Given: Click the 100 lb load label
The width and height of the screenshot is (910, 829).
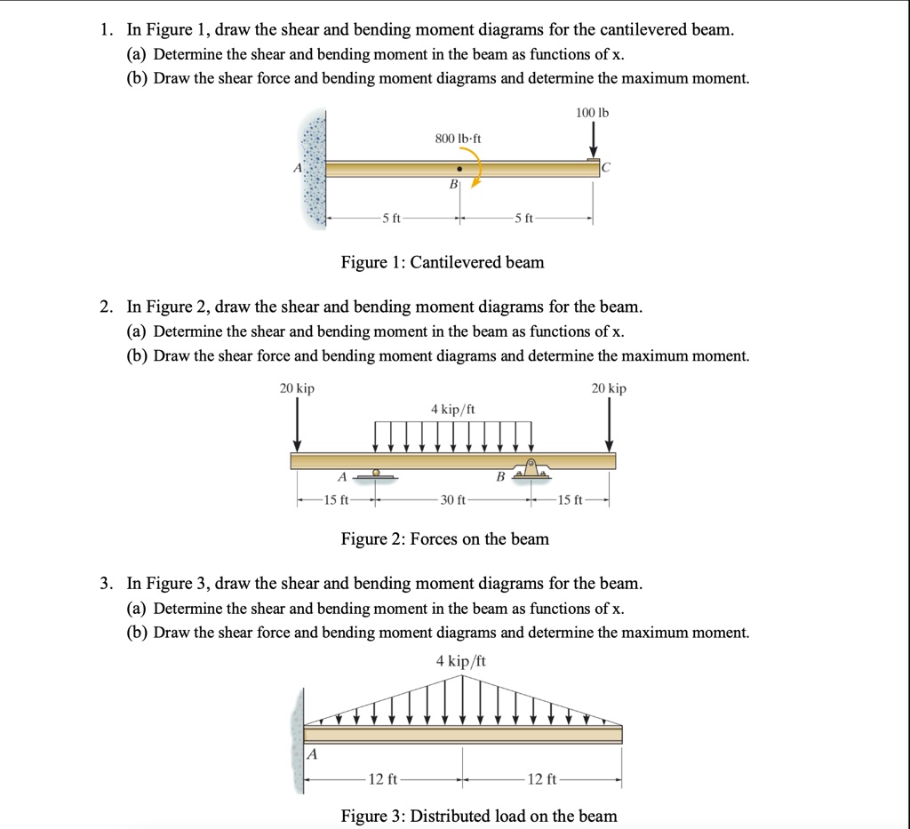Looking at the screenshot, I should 593,113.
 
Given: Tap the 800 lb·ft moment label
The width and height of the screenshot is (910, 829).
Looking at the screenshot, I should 458,139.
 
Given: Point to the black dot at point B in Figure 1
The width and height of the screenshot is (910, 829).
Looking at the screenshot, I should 459,168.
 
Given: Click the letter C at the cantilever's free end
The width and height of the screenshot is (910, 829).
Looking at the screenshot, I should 606,167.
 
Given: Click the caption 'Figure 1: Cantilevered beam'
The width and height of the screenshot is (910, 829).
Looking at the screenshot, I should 443,262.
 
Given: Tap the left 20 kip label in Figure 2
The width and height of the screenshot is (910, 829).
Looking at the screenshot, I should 297,388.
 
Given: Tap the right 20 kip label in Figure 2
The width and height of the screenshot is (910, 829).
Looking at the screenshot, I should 609,388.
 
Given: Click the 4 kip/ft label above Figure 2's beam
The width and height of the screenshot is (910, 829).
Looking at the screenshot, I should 453,409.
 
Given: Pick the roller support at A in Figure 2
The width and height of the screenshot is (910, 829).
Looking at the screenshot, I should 377,474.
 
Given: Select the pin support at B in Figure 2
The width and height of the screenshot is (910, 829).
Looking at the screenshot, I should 531,468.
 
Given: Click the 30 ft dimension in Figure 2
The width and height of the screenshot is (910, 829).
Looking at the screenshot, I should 453,500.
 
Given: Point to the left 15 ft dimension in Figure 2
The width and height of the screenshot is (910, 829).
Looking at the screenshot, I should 336,500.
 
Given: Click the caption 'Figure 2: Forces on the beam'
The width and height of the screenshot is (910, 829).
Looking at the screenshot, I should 445,538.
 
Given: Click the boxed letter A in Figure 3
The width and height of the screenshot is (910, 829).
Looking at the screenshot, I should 312,754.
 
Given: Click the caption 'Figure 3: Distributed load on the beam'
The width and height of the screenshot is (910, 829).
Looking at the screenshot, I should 479,816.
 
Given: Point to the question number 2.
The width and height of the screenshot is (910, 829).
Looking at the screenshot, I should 106,307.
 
